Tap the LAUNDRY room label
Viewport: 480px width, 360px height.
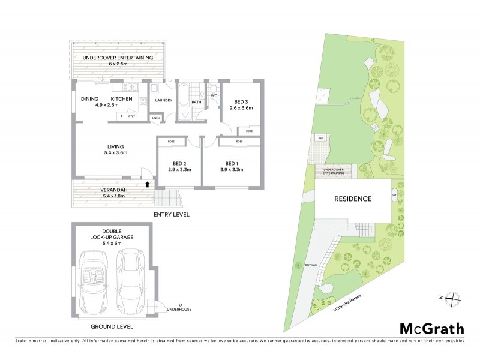point(164,100)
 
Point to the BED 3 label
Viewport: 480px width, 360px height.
point(242,102)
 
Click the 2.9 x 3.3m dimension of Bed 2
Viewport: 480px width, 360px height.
point(179,170)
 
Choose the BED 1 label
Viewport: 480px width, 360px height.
point(232,163)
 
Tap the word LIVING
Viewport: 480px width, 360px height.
point(115,146)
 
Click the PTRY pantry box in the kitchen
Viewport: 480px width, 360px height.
point(131,116)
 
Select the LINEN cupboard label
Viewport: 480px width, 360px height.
point(155,118)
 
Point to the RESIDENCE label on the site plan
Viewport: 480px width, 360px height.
point(353,199)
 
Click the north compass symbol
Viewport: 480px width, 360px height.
point(452,297)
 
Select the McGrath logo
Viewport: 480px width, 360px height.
point(431,328)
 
